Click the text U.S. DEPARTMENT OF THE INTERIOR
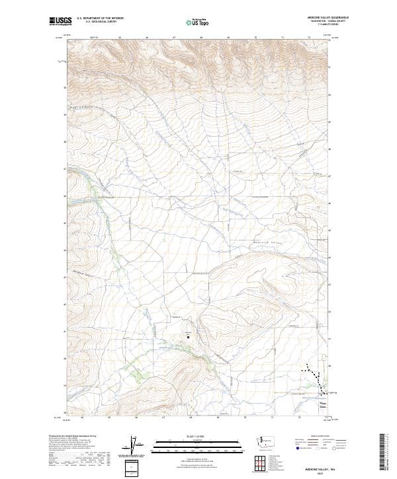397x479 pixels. tap(101, 18)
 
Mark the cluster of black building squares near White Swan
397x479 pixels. tap(316, 380)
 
